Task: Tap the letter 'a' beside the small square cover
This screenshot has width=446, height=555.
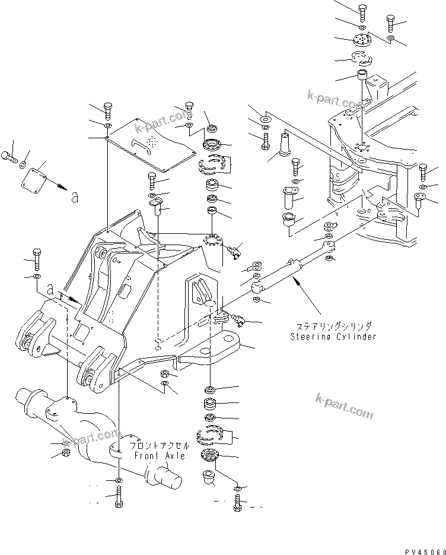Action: point(74,198)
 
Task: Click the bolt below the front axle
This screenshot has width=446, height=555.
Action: point(119,497)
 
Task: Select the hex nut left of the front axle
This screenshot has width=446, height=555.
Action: point(66,455)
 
